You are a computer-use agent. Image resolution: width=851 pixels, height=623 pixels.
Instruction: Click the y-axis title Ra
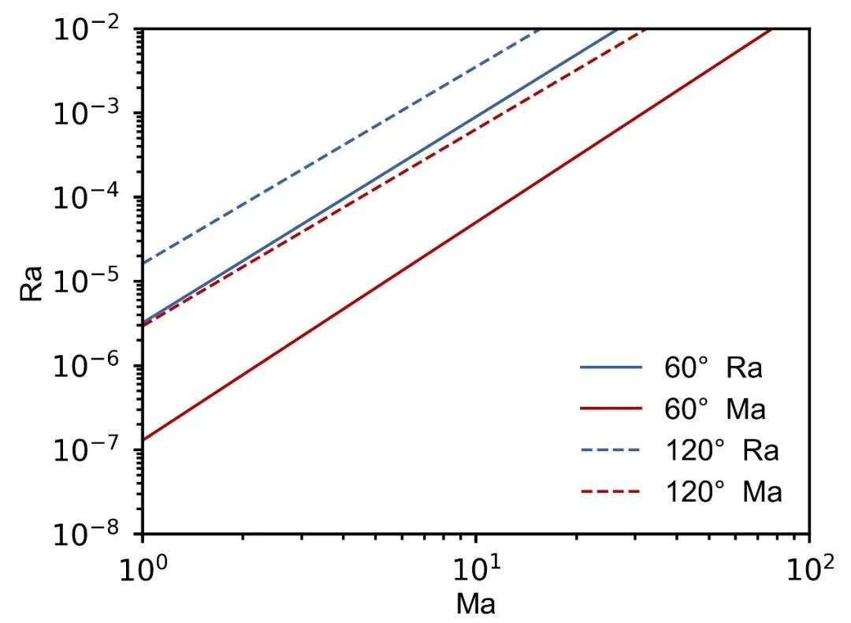click(x=31, y=283)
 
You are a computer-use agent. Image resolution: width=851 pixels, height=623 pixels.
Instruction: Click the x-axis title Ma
click(x=476, y=603)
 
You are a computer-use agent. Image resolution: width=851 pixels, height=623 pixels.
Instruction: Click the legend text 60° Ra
click(x=713, y=367)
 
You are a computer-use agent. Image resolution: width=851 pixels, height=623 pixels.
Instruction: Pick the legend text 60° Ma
click(x=715, y=408)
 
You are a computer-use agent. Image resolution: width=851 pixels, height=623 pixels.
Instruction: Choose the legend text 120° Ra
click(x=722, y=450)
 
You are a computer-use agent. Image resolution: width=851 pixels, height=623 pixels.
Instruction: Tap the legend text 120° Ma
click(x=723, y=491)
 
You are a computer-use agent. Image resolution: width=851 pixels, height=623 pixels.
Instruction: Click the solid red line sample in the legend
click(x=611, y=408)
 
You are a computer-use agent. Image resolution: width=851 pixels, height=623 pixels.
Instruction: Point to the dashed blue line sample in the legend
click(x=611, y=450)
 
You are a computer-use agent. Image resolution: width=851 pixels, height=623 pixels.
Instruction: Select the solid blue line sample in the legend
click(x=611, y=367)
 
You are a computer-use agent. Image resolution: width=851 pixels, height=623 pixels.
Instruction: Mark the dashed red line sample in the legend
click(x=611, y=491)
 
